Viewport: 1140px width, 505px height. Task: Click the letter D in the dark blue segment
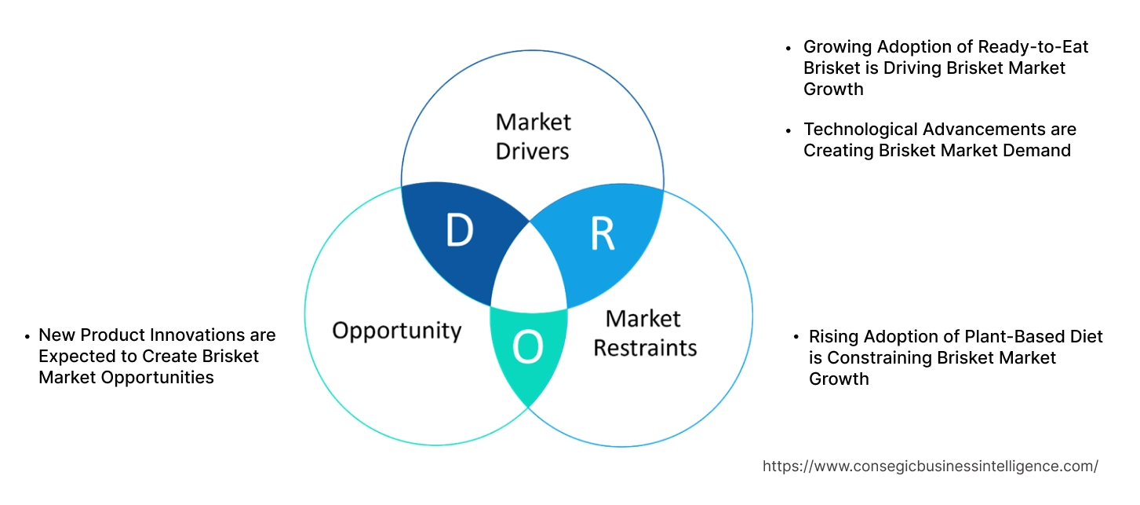pyautogui.click(x=460, y=231)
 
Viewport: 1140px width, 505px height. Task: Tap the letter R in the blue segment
pyautogui.click(x=602, y=234)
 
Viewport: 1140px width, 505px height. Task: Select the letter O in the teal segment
pyautogui.click(x=528, y=348)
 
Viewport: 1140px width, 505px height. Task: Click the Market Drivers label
pyautogui.click(x=533, y=136)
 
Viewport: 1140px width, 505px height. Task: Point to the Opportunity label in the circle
pyautogui.click(x=396, y=330)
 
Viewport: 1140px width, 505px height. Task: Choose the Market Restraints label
pyautogui.click(x=644, y=332)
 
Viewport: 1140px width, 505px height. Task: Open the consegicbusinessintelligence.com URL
pyautogui.click(x=930, y=467)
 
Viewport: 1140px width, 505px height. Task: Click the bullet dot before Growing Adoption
pyautogui.click(x=789, y=48)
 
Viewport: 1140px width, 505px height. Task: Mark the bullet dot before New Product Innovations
pyautogui.click(x=27, y=336)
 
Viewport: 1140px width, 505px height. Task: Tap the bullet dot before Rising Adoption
pyautogui.click(x=796, y=338)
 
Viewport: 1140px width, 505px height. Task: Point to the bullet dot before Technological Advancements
pyautogui.click(x=789, y=130)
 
